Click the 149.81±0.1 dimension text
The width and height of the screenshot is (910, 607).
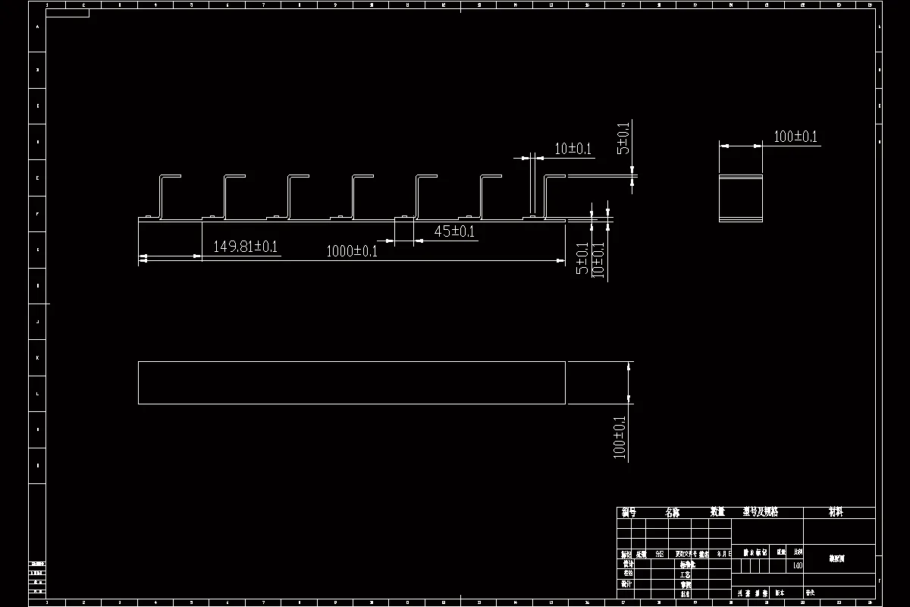point(245,247)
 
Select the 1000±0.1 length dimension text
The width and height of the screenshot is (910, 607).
point(352,251)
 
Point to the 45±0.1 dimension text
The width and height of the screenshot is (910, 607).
point(454,231)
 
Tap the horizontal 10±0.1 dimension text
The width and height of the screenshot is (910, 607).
point(573,149)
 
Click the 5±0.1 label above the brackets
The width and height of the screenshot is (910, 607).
point(623,138)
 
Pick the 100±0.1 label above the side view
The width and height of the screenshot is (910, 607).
point(795,137)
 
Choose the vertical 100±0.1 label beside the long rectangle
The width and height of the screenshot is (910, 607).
point(620,437)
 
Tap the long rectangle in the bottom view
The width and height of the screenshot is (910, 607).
point(352,383)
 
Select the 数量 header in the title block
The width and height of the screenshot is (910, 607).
point(717,513)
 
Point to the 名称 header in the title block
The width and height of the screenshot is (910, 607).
point(672,513)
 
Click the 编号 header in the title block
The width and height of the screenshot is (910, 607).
point(628,513)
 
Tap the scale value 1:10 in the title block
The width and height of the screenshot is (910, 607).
point(797,565)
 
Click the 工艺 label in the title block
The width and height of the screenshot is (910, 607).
point(686,575)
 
